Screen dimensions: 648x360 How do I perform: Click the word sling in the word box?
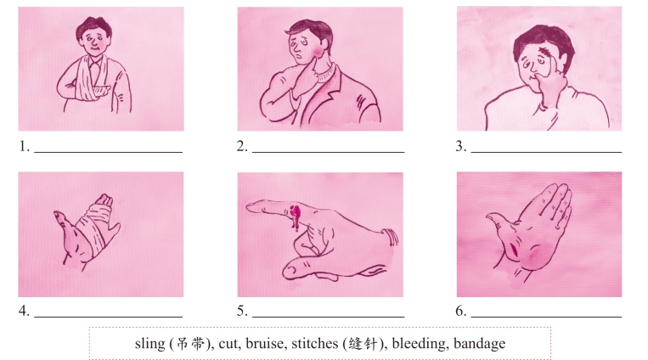click(x=150, y=344)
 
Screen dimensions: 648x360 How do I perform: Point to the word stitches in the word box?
click(x=315, y=344)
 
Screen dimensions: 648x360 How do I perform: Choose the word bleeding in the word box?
click(x=419, y=344)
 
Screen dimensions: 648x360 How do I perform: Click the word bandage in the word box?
click(x=479, y=344)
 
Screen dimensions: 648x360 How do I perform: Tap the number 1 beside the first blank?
click(x=24, y=146)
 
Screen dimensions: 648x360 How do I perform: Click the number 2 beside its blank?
click(x=242, y=146)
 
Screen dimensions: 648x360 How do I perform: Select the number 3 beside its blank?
click(x=461, y=146)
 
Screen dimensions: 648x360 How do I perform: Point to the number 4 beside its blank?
click(x=24, y=311)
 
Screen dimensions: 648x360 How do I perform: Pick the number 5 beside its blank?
click(x=242, y=311)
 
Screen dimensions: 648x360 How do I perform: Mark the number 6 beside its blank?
click(x=461, y=311)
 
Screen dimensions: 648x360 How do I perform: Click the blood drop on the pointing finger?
click(x=296, y=216)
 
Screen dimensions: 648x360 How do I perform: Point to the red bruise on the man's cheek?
click(x=317, y=52)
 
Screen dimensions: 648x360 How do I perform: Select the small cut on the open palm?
click(x=515, y=249)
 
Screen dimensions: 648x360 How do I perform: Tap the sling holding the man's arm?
click(x=89, y=81)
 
